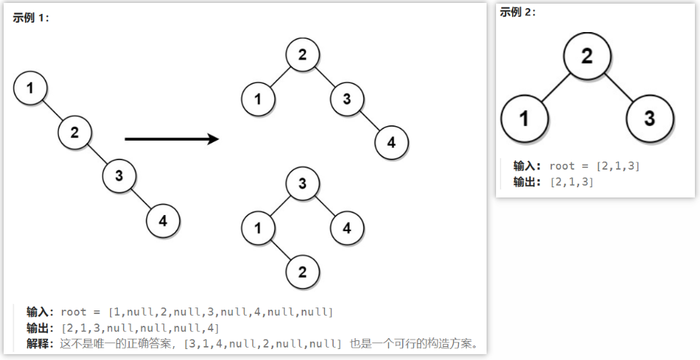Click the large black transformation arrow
172,138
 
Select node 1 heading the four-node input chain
30,88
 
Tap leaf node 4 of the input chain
163,222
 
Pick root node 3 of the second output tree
302,184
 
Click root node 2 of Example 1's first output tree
302,54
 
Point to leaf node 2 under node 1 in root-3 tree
302,273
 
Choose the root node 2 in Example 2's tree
586,56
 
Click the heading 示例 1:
31,18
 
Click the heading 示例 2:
518,12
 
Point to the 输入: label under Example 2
527,166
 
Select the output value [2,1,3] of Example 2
572,182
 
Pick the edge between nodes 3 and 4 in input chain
141,198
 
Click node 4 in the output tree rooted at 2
391,143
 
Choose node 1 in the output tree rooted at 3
258,228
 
